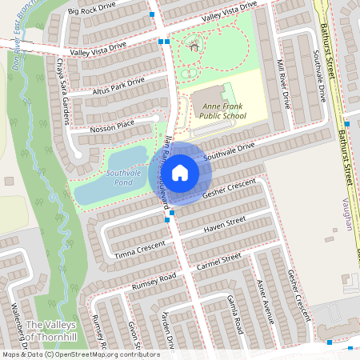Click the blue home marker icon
tap(180, 172)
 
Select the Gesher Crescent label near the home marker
tap(230, 189)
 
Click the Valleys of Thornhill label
tap(51, 330)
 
